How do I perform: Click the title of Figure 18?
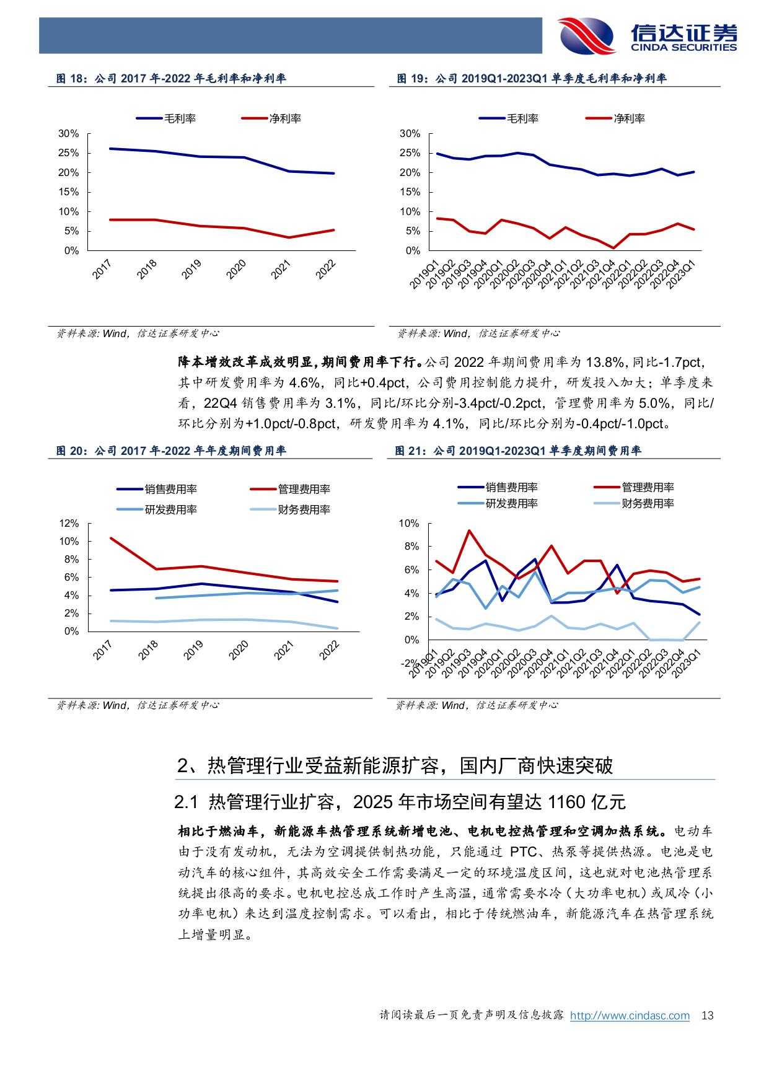point(171,79)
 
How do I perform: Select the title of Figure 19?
point(531,79)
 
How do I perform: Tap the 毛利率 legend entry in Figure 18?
point(166,118)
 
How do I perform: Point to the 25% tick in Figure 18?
point(69,153)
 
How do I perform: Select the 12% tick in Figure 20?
point(69,524)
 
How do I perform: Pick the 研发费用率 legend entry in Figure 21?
point(498,504)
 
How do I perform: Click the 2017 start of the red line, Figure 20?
point(110,538)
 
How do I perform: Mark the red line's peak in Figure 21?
point(468,530)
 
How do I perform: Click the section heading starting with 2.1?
point(400,802)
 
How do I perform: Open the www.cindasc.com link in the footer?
point(630,1016)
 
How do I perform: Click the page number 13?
point(708,1016)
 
